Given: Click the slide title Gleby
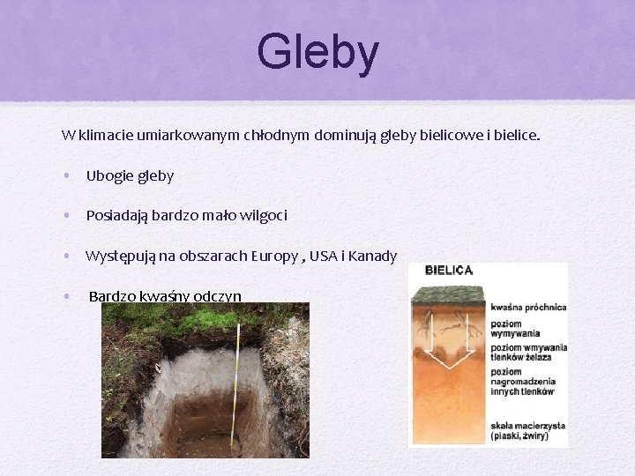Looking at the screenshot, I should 317,52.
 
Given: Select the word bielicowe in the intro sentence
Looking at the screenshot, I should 446,136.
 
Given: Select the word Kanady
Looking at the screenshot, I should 372,256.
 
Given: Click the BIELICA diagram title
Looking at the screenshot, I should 449,270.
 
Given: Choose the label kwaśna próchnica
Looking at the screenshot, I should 528,307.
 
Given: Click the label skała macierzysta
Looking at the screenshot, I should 527,426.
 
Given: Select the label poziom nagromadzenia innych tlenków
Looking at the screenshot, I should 523,382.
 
